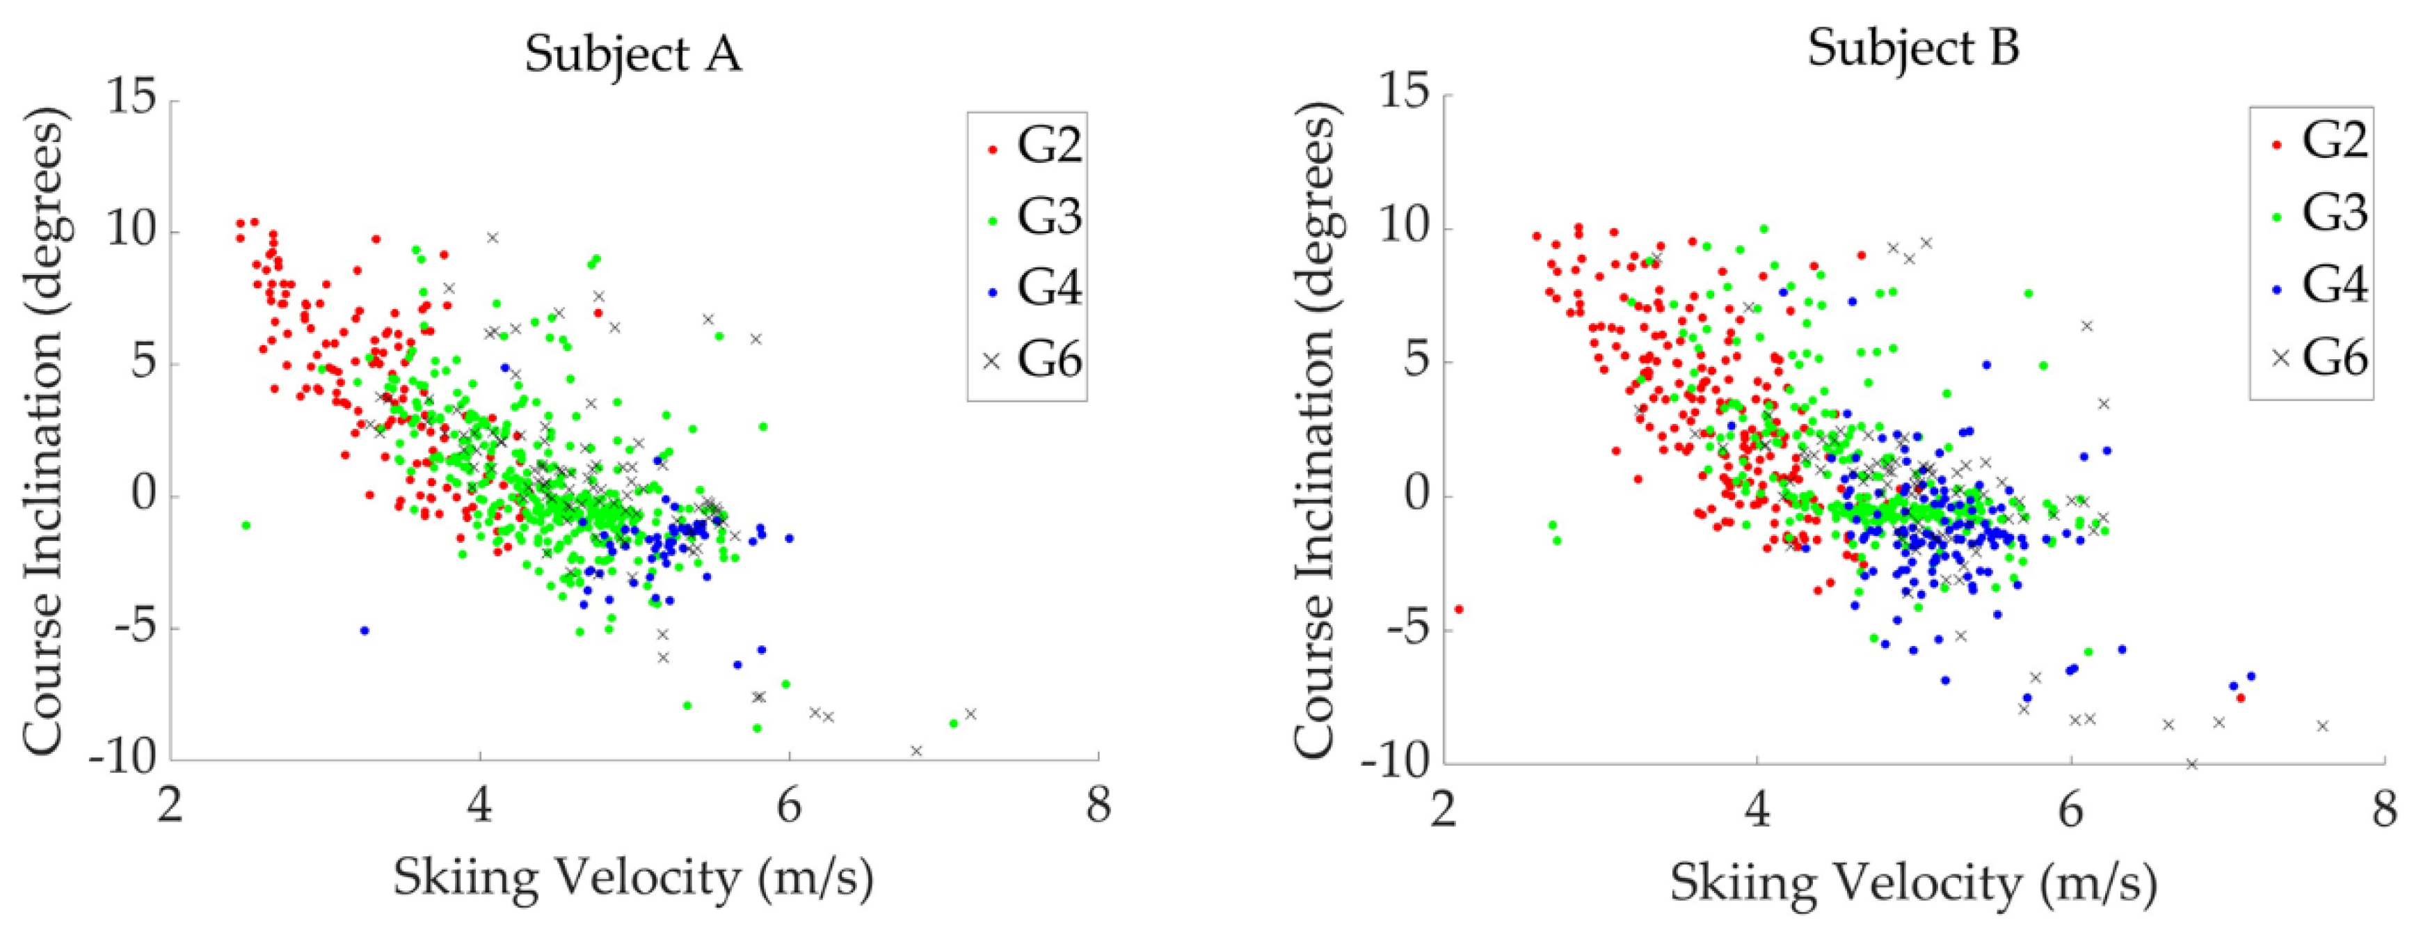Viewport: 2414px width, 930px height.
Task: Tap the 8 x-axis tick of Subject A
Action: coord(1098,805)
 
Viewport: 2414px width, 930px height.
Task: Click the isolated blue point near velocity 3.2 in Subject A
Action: coord(365,630)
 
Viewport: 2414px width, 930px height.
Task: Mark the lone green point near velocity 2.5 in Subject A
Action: coord(246,525)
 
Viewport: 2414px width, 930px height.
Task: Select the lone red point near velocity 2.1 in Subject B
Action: coord(1458,609)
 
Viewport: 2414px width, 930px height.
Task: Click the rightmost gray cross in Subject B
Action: coord(2341,725)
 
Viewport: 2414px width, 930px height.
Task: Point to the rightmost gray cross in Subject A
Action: coord(971,714)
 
